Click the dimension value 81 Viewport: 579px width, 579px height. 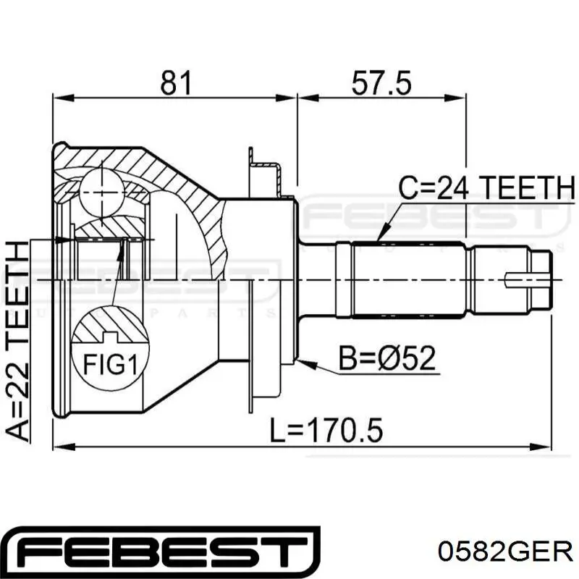pos(176,83)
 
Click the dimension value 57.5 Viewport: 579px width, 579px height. pos(381,83)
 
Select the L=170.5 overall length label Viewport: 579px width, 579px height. pos(326,430)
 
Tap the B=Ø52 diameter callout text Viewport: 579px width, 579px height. pos(387,358)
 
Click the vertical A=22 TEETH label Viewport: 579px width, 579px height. pos(17,341)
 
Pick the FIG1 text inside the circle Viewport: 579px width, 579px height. pos(111,364)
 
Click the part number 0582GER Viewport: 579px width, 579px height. pos(505,552)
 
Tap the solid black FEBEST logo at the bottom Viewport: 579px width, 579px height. pos(161,552)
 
